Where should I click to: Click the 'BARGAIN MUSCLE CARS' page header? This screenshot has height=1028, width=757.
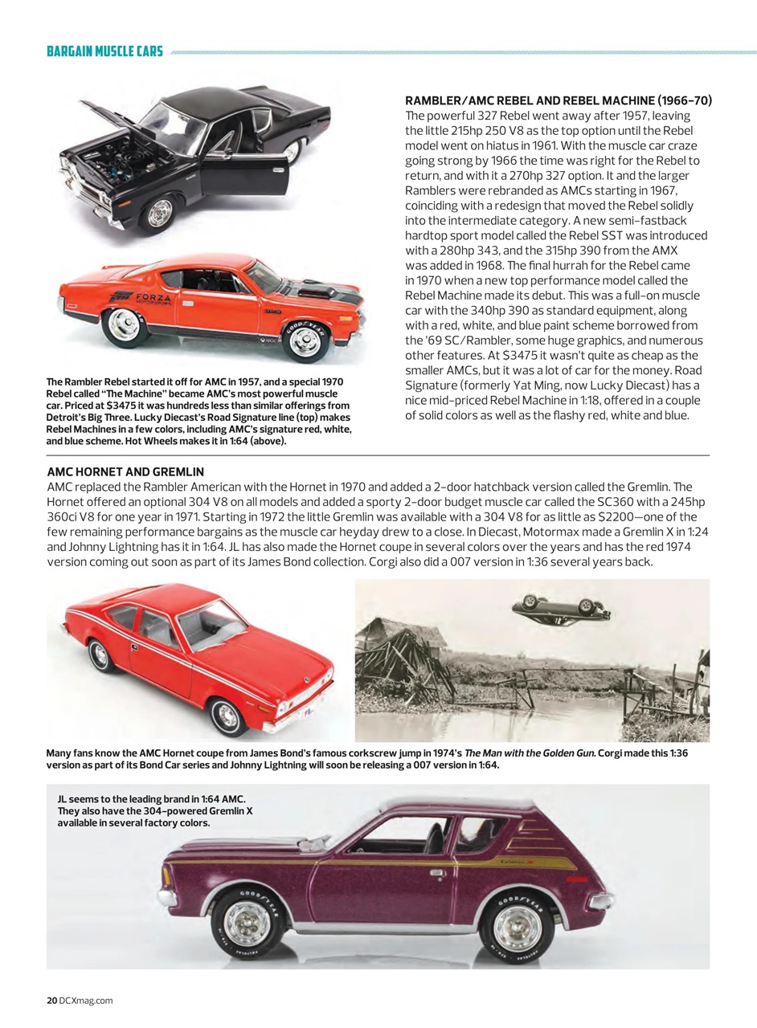point(105,52)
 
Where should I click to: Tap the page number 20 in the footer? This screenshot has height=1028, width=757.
point(51,1000)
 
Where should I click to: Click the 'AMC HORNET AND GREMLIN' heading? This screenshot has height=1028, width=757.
point(125,471)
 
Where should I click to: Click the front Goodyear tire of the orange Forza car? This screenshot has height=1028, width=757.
point(305,340)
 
